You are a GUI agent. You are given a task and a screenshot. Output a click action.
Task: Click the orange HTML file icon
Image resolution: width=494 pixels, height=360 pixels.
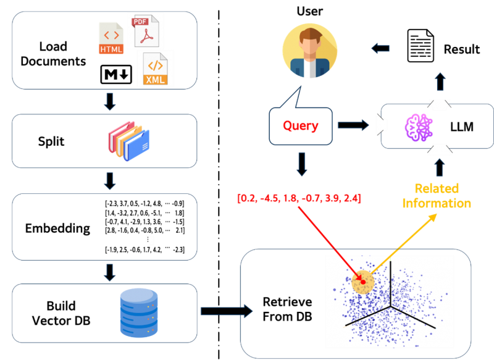(111, 38)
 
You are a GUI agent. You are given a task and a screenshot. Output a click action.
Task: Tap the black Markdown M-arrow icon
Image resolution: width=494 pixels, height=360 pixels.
(116, 74)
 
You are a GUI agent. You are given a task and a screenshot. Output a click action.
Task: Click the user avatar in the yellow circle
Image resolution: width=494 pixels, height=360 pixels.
(310, 52)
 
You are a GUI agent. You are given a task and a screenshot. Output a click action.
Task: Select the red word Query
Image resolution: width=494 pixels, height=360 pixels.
(301, 126)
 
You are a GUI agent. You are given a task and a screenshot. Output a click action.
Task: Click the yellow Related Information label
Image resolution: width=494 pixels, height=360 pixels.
(437, 196)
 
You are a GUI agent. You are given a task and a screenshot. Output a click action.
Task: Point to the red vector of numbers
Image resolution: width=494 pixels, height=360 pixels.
(299, 199)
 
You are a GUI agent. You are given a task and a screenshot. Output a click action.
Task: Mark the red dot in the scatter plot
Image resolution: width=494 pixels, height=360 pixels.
(363, 282)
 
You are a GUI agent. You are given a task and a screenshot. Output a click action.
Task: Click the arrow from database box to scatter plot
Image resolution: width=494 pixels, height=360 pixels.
(227, 311)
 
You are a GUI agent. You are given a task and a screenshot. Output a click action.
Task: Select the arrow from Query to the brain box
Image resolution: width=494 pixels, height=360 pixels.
(352, 126)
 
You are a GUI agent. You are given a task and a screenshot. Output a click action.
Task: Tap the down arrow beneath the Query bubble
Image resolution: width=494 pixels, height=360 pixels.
(301, 164)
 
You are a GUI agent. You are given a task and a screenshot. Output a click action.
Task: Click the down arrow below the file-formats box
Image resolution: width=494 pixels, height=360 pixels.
(109, 101)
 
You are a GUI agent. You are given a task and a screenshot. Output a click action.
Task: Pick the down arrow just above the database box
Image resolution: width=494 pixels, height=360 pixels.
(109, 272)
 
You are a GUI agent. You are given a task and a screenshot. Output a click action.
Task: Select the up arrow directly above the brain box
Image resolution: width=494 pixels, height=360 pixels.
(439, 81)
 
